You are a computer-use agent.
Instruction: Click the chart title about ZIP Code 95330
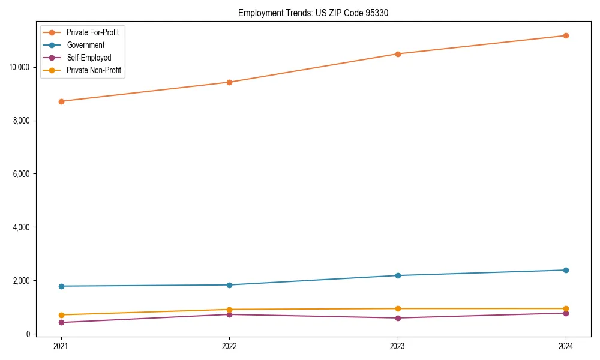[x=313, y=13]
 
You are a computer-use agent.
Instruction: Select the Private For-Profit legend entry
[x=92, y=32]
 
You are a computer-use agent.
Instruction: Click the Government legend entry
[x=85, y=45]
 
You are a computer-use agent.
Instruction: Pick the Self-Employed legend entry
[x=89, y=58]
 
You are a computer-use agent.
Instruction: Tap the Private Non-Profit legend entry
[x=94, y=70]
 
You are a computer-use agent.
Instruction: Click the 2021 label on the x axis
[x=61, y=346]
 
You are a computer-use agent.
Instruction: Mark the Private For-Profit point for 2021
[x=61, y=101]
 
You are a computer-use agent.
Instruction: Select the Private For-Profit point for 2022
[x=229, y=82]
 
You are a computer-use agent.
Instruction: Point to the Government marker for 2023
[x=398, y=275]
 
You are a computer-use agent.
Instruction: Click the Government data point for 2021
[x=61, y=286]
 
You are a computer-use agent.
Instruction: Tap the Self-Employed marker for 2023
[x=398, y=318]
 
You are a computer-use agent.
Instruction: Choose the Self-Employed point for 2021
[x=61, y=323]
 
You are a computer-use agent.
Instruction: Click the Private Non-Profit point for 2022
[x=229, y=310]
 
